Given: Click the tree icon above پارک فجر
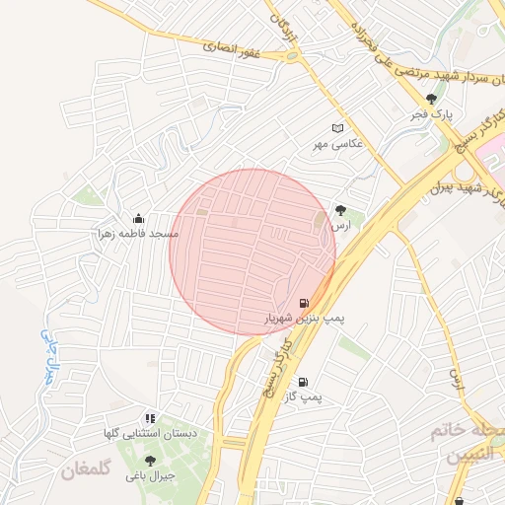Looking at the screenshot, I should (x=431, y=99).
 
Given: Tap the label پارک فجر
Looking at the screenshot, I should (x=432, y=115).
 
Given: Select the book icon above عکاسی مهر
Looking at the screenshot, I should (x=338, y=129).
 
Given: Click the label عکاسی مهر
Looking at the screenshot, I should (x=338, y=145).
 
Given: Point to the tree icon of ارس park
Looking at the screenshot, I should (x=341, y=210).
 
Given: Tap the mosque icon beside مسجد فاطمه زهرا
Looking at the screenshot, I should (x=137, y=218).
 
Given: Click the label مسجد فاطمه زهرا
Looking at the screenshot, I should (x=137, y=234).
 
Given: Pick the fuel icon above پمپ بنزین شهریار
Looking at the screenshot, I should (x=303, y=303).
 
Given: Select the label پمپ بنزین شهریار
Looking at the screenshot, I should (x=303, y=320).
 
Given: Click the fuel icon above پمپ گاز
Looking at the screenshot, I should (x=303, y=382).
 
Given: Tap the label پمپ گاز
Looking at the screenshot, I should (x=303, y=397).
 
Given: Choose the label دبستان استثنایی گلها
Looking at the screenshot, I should (x=152, y=434).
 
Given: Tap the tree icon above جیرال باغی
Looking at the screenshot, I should (x=150, y=460).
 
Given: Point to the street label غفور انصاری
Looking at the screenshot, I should (x=232, y=47).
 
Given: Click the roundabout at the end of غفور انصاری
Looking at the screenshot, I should (x=292, y=56).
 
